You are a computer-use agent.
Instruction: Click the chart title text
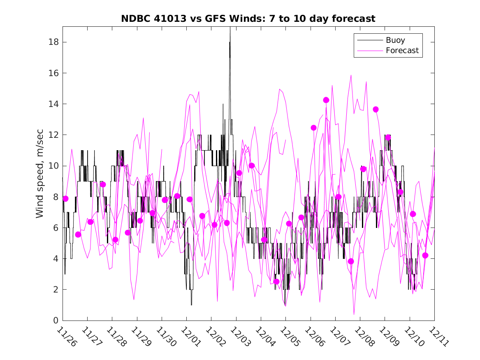point(248,19)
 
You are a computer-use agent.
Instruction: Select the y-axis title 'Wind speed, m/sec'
point(39,173)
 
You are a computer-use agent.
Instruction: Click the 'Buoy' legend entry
point(395,40)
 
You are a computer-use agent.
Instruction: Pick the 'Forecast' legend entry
point(402,51)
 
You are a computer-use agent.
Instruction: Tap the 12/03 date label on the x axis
point(239,337)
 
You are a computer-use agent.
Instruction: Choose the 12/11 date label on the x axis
point(438,337)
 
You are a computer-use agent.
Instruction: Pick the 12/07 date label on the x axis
point(339,337)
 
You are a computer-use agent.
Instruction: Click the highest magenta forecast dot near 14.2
point(326,100)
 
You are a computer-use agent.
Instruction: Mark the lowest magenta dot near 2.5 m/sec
point(276,281)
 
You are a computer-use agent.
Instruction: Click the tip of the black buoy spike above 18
point(230,28)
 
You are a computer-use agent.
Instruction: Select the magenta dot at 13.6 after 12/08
point(376,109)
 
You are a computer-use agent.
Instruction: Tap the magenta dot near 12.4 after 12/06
point(313,128)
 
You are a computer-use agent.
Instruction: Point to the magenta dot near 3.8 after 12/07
point(351,261)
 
